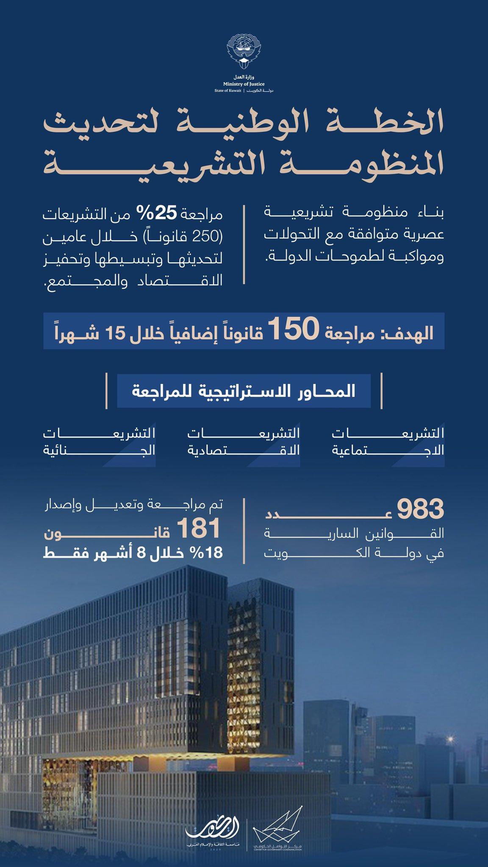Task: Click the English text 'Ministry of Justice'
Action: (x=244, y=84)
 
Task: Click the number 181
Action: (x=199, y=529)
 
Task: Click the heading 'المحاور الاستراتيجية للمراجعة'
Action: (x=244, y=392)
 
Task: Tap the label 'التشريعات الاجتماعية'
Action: (x=388, y=441)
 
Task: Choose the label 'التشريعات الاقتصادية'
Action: (x=244, y=441)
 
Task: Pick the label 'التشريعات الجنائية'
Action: (x=99, y=441)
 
